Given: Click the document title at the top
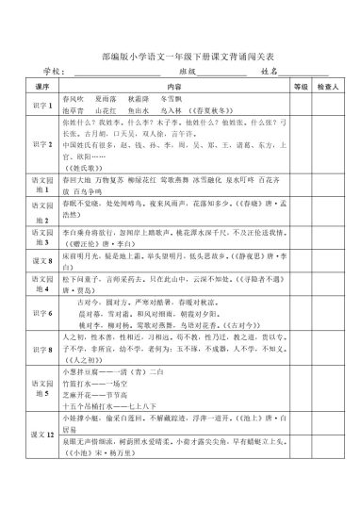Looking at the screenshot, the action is [x=179, y=56].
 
